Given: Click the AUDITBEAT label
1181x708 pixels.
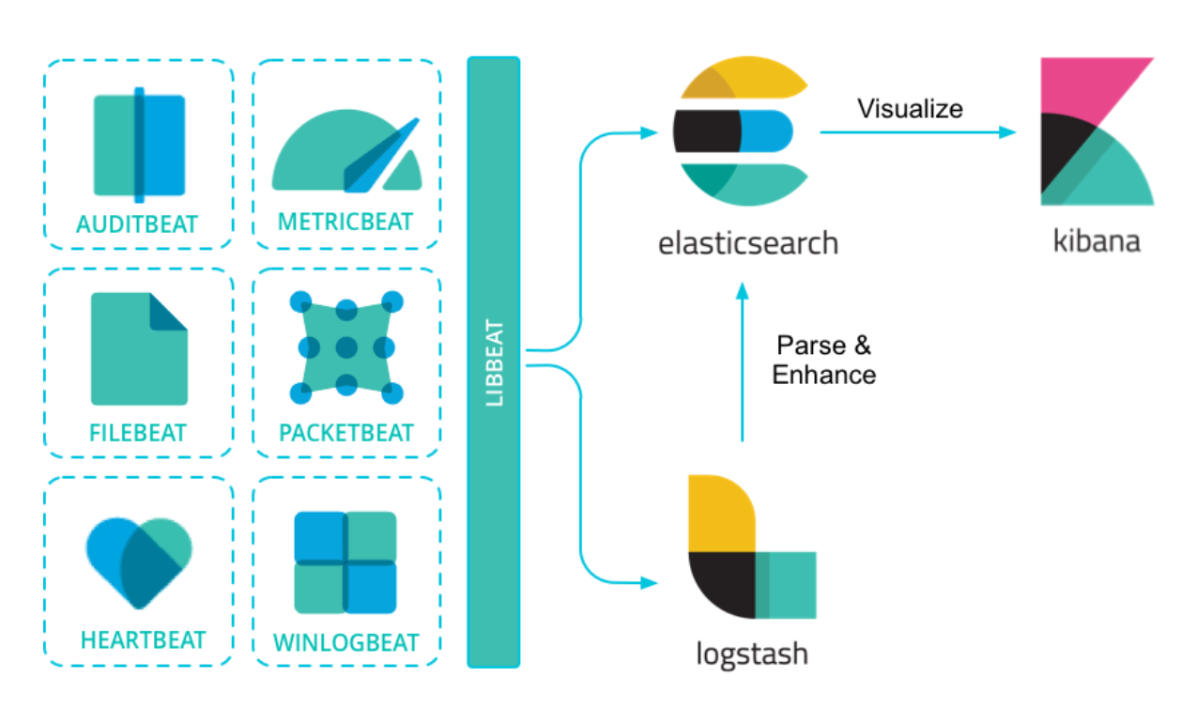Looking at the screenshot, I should [x=138, y=224].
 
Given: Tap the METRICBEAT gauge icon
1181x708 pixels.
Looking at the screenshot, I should [x=346, y=151].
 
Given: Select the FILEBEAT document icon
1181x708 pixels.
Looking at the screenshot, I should [x=139, y=348].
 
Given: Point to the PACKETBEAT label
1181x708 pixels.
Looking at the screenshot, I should [x=346, y=433].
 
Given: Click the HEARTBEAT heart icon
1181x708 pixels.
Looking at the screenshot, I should [x=139, y=560].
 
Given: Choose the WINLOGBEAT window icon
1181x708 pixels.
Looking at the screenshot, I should [x=345, y=562].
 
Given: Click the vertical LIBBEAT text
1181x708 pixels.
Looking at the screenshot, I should [x=495, y=363].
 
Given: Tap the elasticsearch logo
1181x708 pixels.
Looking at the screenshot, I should [x=741, y=133].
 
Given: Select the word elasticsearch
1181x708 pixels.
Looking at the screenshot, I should [x=747, y=244].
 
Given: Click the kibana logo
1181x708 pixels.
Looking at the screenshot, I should [x=1097, y=132].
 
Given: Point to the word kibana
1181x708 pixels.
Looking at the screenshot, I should [x=1097, y=240].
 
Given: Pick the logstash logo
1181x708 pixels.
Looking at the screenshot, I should [x=751, y=546].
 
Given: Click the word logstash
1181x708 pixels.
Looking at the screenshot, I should [x=751, y=653].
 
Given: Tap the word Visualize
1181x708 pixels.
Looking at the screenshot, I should [x=910, y=109].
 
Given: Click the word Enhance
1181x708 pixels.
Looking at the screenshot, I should [x=823, y=375].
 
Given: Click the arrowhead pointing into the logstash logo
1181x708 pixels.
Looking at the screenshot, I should [x=647, y=583].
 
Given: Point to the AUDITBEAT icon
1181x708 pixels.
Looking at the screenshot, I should [x=139, y=145].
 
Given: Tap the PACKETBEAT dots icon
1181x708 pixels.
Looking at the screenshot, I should [x=346, y=347].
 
